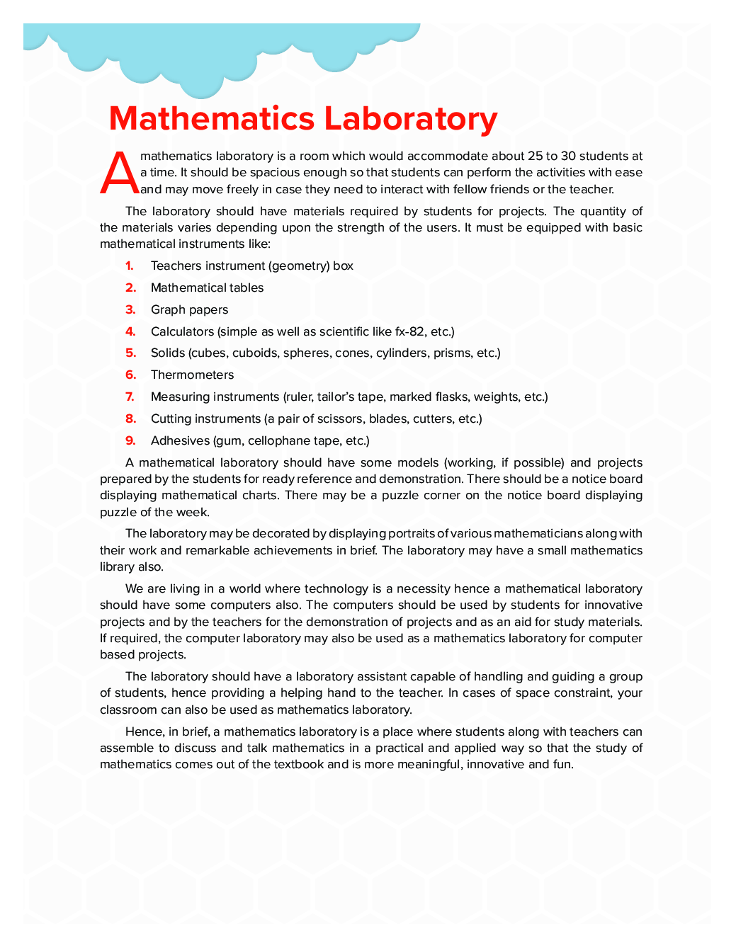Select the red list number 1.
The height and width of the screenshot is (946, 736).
click(130, 266)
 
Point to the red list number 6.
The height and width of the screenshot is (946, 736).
click(130, 375)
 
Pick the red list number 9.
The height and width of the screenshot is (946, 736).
click(130, 440)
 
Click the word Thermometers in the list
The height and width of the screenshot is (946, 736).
click(192, 375)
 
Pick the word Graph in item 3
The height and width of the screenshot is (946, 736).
click(167, 309)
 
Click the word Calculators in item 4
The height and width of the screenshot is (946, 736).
click(182, 331)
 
